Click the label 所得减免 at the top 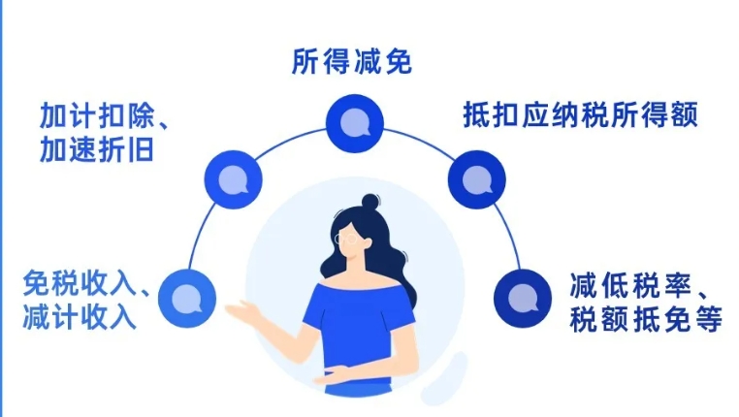[x=352, y=61]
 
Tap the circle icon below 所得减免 [x=355, y=123]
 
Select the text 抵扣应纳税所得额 [x=580, y=114]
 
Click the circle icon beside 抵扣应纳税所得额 [x=476, y=179]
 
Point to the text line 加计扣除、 [x=104, y=115]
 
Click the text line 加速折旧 [x=97, y=150]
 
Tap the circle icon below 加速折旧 [x=234, y=179]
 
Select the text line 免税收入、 [x=85, y=283]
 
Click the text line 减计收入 [x=80, y=317]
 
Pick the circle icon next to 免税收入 [x=187, y=299]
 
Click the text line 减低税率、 [x=638, y=285]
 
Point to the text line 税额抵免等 [x=646, y=319]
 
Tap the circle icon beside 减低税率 [x=523, y=299]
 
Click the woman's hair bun [x=370, y=203]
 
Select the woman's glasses [x=346, y=239]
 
